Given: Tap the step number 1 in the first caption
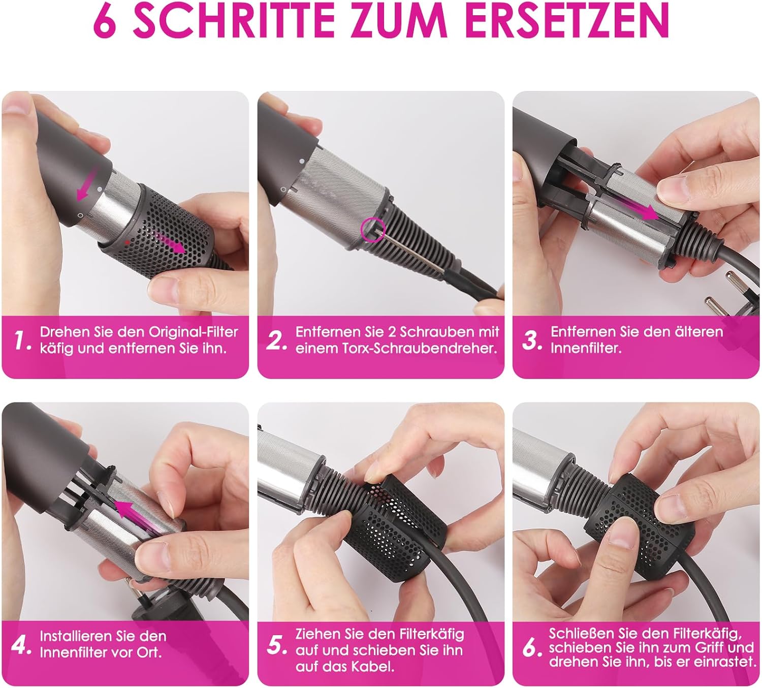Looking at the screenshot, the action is tap(22, 340).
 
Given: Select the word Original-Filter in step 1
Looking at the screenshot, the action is tap(193, 332).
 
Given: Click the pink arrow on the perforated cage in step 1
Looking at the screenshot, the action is tap(169, 242).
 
